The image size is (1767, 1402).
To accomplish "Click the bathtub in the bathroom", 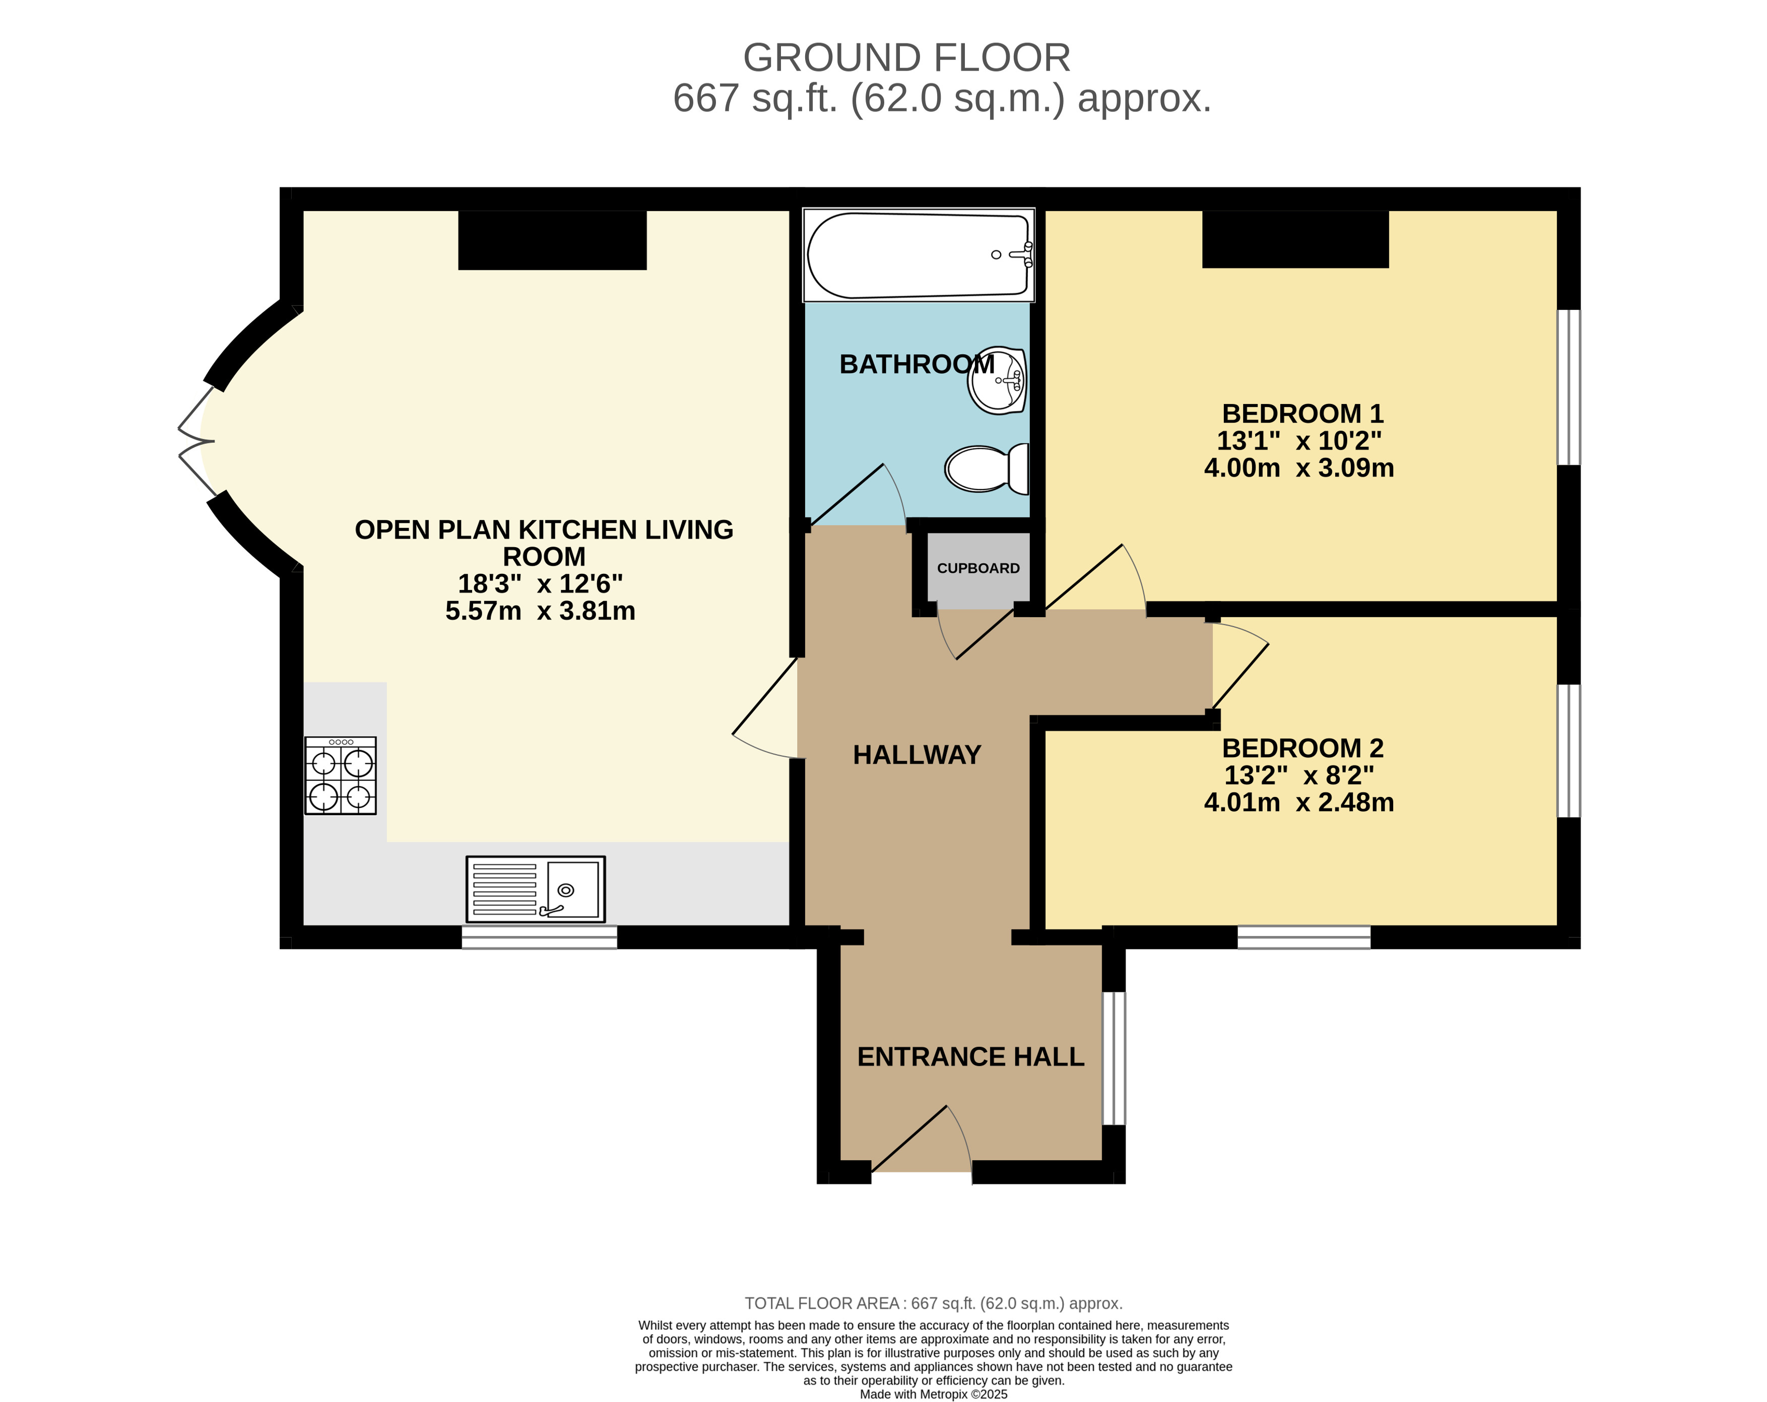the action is (x=919, y=255).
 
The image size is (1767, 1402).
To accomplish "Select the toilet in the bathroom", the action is (x=987, y=469).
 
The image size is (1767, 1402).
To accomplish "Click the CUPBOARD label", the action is (x=978, y=568).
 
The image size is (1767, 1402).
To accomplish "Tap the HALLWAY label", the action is (x=917, y=755).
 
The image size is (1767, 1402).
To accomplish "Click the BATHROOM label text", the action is (x=917, y=364).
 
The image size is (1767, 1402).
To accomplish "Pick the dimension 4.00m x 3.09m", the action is (x=1299, y=468).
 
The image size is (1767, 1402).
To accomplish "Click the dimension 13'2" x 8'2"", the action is (x=1299, y=775).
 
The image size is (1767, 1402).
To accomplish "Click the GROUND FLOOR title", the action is (x=906, y=58).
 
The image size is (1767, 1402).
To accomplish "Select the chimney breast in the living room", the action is (x=552, y=240).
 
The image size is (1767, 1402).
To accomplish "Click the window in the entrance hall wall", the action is (x=1114, y=1058).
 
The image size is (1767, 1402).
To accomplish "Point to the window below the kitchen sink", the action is (x=539, y=938).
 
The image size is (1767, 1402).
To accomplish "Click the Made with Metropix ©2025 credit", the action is (x=934, y=1394).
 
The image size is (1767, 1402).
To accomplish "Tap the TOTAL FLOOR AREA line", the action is (x=934, y=1303).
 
